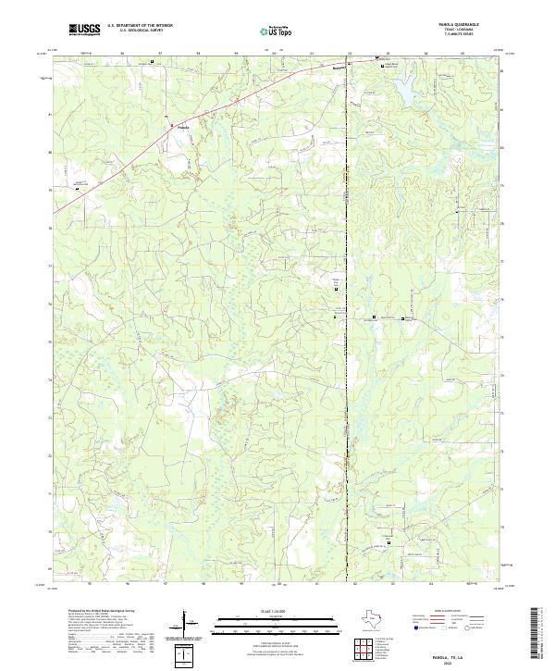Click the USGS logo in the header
(84, 30)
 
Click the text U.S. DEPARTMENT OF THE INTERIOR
(139, 26)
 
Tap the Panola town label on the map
(183, 127)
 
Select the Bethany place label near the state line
(339, 68)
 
